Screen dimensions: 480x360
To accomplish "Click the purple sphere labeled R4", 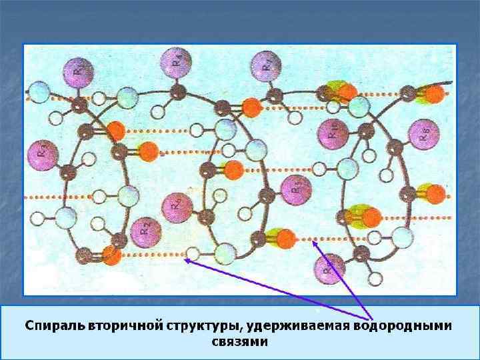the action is point(174,63).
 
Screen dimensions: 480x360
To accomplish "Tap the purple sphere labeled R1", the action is point(79,71).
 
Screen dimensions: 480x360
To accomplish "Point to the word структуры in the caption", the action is point(205,326).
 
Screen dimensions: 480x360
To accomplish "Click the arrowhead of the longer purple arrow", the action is point(186,261).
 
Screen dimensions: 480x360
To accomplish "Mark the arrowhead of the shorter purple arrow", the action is point(315,242).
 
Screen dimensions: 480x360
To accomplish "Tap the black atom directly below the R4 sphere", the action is point(177,90).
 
